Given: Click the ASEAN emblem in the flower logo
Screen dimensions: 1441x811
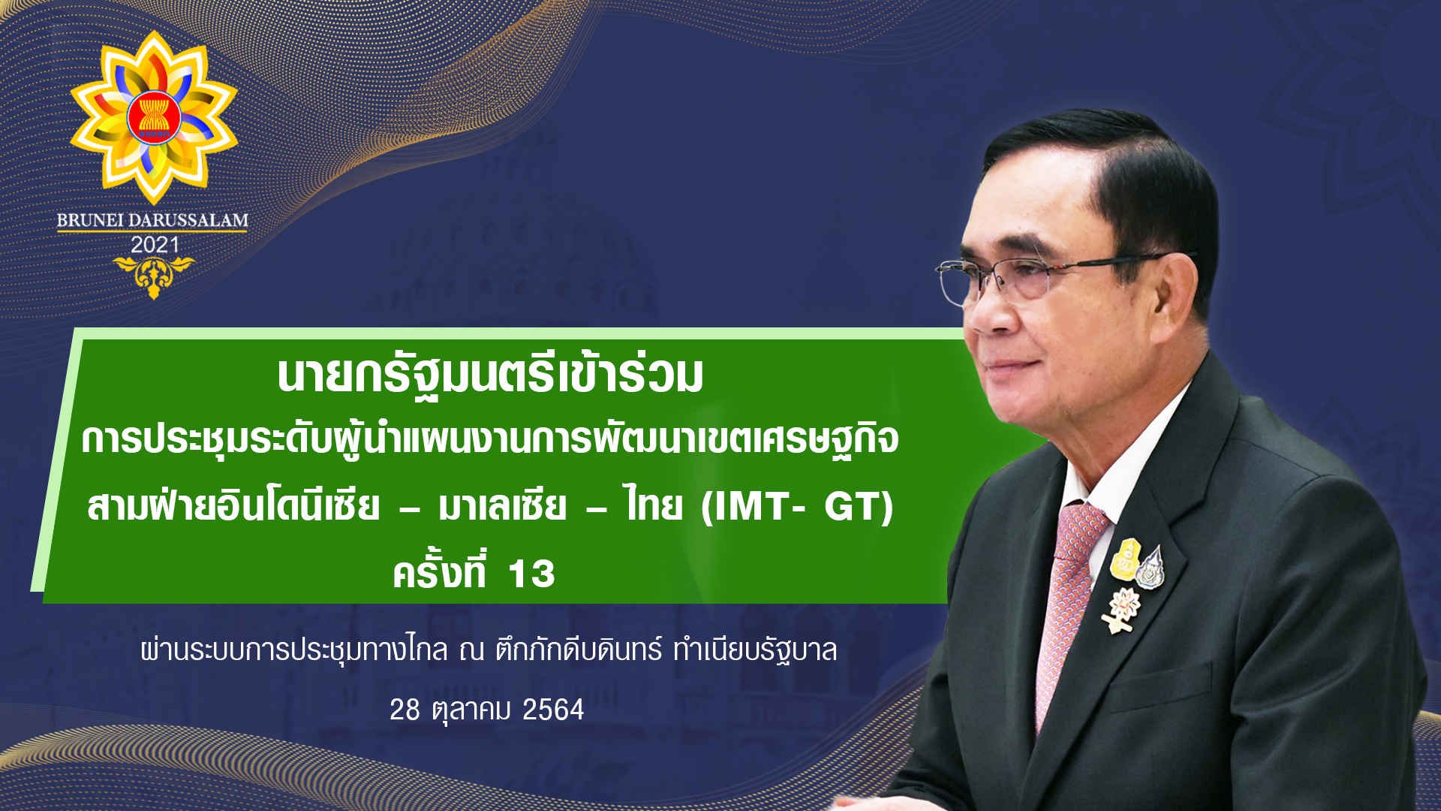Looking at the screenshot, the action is (154, 118).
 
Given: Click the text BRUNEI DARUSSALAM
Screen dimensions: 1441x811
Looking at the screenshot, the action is (152, 221).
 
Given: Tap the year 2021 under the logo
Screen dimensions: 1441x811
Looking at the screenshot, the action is (155, 245).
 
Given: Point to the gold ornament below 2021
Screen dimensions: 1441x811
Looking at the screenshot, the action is (154, 276).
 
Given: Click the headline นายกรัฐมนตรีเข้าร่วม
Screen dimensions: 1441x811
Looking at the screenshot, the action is (490, 375).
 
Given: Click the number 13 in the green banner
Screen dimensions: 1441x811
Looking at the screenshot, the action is (531, 574).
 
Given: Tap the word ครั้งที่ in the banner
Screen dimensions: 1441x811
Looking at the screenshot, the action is (440, 571).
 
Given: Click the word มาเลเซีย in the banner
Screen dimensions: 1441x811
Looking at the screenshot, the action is (502, 505).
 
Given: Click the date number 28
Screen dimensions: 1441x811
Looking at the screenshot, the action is (405, 710).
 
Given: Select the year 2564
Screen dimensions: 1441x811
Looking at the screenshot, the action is (553, 710).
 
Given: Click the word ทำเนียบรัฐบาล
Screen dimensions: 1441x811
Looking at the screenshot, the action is (755, 650).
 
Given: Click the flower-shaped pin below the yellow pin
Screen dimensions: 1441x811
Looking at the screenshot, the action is (1122, 609).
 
